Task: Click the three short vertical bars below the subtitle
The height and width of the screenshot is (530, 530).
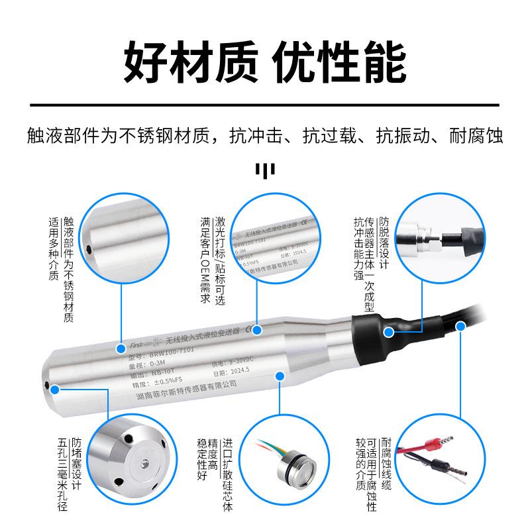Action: pyautogui.click(x=265, y=172)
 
